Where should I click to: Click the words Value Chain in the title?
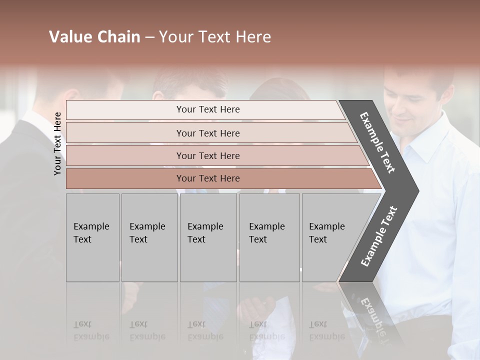[x=94, y=37]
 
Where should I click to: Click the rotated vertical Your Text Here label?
[x=57, y=143]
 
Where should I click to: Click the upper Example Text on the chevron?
[x=377, y=142]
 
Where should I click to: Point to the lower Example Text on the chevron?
[x=378, y=236]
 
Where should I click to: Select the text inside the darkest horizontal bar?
[x=208, y=178]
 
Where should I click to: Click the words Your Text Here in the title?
[x=215, y=37]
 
